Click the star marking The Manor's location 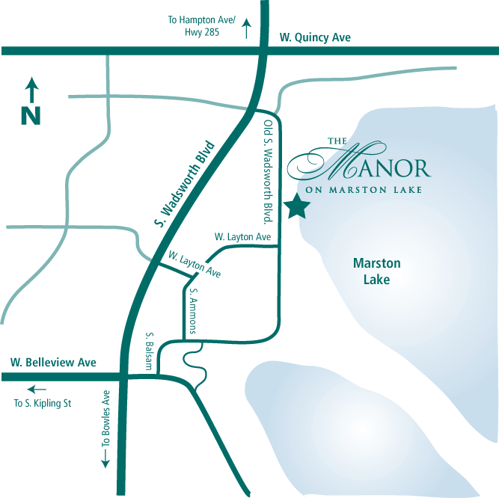click(x=297, y=206)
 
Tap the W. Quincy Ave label click(x=314, y=37)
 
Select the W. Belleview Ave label click(x=53, y=362)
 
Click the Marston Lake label click(x=376, y=271)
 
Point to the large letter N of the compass click(x=31, y=116)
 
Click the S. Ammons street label click(x=193, y=306)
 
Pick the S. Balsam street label click(x=150, y=351)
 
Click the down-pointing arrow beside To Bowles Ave click(x=105, y=459)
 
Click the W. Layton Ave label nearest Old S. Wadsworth click(x=242, y=236)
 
